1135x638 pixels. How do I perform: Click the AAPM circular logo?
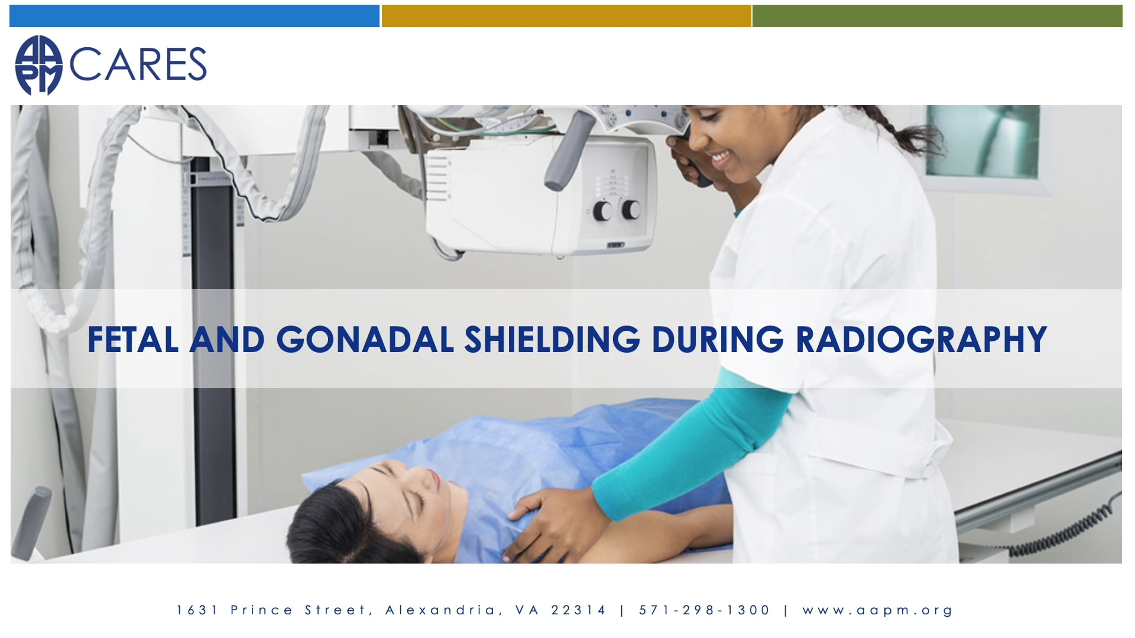(x=38, y=65)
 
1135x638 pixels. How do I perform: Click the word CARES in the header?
(x=138, y=64)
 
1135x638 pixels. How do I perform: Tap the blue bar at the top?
(x=194, y=16)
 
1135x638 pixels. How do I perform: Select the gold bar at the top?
(x=566, y=16)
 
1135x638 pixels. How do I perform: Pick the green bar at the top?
(x=937, y=16)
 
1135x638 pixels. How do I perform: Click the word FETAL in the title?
(x=133, y=340)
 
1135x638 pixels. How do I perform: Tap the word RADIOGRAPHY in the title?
(x=921, y=340)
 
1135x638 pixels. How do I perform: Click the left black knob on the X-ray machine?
(x=602, y=211)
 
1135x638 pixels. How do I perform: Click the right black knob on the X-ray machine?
(x=631, y=209)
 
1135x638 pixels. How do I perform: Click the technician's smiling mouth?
(x=722, y=158)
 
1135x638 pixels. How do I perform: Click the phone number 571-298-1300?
(x=705, y=610)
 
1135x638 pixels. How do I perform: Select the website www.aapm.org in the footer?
(x=878, y=610)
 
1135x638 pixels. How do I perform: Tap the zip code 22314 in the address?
(x=579, y=610)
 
